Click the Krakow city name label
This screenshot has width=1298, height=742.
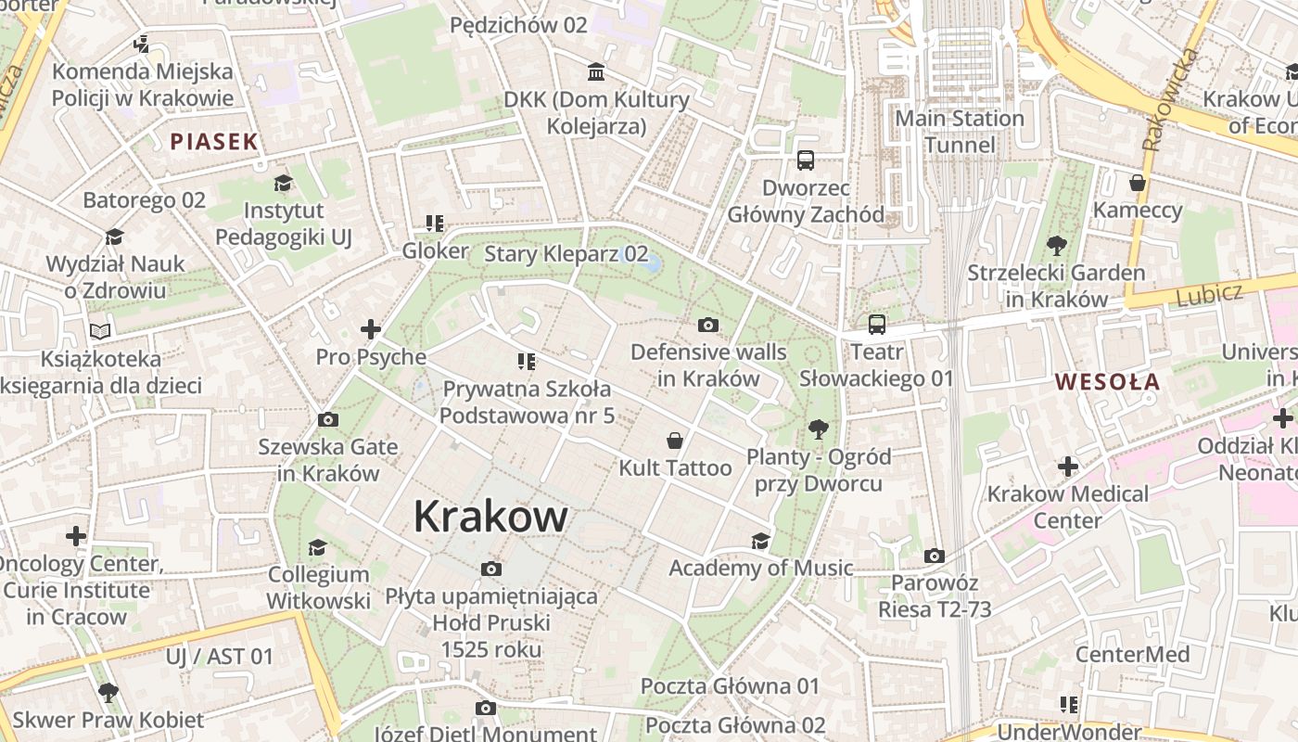490,517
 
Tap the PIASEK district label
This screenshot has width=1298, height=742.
213,142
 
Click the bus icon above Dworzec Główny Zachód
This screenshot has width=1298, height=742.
806,160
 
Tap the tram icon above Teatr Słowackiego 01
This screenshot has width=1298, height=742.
877,325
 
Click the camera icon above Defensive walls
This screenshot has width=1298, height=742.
708,325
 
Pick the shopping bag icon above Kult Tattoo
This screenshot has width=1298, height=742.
675,441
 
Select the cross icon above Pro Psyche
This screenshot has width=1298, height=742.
371,329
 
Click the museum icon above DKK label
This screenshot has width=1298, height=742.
596,72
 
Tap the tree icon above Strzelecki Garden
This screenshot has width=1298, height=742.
1056,246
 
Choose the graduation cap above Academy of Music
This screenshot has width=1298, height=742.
761,541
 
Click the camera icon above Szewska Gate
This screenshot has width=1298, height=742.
327,419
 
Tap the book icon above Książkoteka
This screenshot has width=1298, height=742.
100,331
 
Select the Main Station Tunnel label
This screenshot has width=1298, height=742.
960,132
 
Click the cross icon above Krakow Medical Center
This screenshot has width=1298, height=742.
1068,466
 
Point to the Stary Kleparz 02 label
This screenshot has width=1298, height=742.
566,253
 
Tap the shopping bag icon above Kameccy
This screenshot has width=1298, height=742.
1138,183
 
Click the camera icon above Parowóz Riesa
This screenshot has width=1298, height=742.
935,556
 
